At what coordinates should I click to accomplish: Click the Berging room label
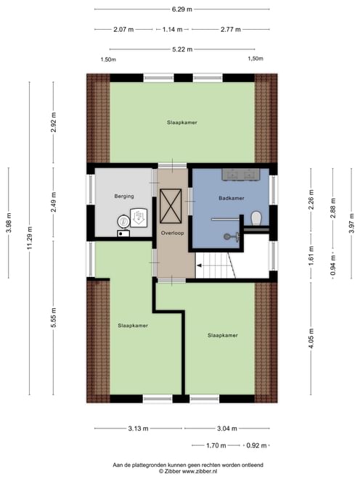(x=124, y=196)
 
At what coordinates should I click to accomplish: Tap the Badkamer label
(x=232, y=198)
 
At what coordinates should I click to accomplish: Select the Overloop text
(x=173, y=233)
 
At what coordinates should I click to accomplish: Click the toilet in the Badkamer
(x=256, y=218)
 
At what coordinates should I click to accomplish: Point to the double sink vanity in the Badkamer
(x=241, y=175)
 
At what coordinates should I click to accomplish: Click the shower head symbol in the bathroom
(x=232, y=236)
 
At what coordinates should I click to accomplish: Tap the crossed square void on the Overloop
(x=171, y=206)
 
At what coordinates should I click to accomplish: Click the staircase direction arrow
(x=199, y=265)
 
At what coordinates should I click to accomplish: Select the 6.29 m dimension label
(x=182, y=9)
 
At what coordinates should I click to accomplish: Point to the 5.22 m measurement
(x=182, y=49)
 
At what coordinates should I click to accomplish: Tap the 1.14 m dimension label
(x=173, y=30)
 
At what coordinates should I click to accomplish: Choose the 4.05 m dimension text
(x=311, y=338)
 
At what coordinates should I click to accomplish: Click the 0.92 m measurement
(x=256, y=445)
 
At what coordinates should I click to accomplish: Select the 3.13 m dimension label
(x=138, y=429)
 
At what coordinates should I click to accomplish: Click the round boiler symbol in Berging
(x=123, y=221)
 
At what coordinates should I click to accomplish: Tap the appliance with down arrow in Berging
(x=139, y=218)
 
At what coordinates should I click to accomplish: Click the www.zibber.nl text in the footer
(x=200, y=471)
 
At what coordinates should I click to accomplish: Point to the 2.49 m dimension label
(x=53, y=202)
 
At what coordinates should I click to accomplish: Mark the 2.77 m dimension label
(x=231, y=30)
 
